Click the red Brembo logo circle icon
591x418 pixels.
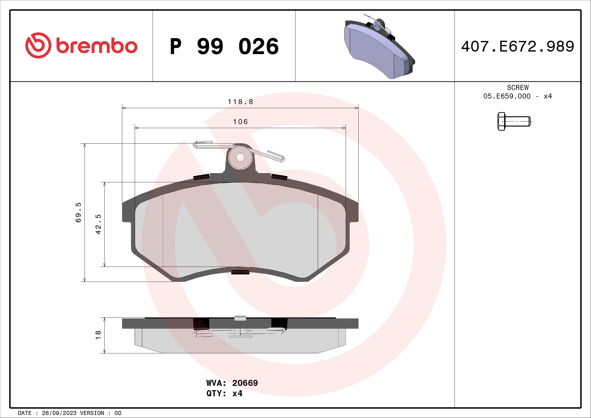pos(38,45)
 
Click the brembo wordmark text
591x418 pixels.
pos(97,46)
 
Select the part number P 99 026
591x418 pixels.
pos(224,47)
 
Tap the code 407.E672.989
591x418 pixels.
pos(517,47)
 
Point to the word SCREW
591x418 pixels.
pos(518,87)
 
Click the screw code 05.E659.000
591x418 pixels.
pos(507,96)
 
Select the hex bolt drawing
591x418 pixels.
pos(513,121)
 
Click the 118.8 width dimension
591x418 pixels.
pos(240,102)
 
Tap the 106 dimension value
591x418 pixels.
pos(240,122)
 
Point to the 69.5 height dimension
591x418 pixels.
pos(78,212)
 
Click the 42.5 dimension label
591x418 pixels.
pos(98,224)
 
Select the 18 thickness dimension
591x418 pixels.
pos(98,335)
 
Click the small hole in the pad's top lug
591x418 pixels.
pos(240,157)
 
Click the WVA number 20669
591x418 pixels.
pos(245,383)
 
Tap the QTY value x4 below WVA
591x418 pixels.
pos(237,393)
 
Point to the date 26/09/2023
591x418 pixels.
pos(59,413)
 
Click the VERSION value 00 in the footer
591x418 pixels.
pos(118,413)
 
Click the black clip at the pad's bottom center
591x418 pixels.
pos(240,272)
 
